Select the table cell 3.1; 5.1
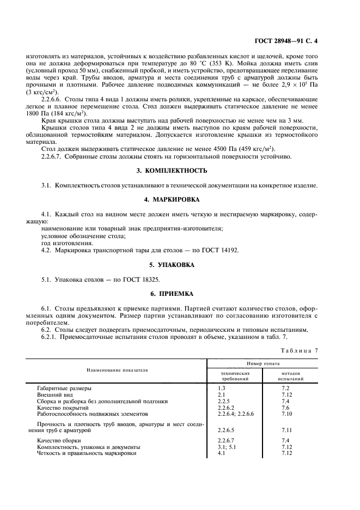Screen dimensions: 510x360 pyautogui.click(x=225, y=446)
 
